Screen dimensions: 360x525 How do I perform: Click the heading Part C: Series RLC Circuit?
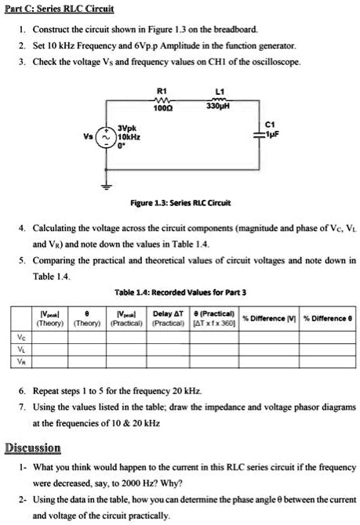(x=60, y=9)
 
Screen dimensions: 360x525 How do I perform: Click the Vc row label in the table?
(x=20, y=337)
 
